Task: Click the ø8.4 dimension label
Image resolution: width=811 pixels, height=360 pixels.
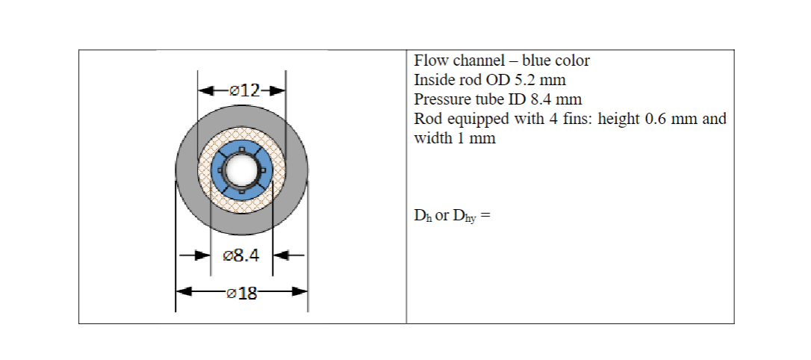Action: [x=241, y=256]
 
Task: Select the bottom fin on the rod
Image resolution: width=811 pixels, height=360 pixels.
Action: [x=241, y=192]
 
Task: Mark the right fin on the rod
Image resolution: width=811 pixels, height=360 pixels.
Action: [x=263, y=171]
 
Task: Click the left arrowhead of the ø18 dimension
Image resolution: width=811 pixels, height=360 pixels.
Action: [x=184, y=291]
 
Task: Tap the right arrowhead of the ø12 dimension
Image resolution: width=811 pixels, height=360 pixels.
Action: [x=279, y=91]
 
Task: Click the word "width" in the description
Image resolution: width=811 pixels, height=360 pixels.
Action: [x=430, y=138]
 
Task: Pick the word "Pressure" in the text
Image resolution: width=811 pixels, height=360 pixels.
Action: [x=440, y=99]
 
